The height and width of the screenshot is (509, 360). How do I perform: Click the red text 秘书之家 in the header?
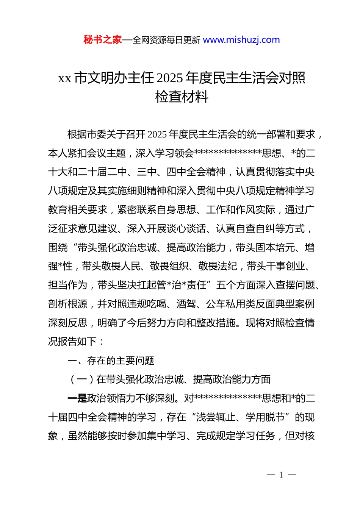pyautogui.click(x=103, y=40)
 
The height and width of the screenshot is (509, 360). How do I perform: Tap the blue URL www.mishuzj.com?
pyautogui.click(x=241, y=40)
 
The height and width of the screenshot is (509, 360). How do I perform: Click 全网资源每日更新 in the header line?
pyautogui.click(x=166, y=40)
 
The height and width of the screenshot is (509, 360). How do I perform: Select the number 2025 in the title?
pyautogui.click(x=169, y=78)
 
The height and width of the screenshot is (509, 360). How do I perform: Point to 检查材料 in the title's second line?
pyautogui.click(x=182, y=97)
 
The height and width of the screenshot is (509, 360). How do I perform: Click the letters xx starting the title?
pyautogui.click(x=64, y=78)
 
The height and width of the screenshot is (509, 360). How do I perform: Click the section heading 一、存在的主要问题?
pyautogui.click(x=111, y=361)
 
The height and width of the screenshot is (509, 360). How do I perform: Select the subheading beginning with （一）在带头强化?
pyautogui.click(x=169, y=379)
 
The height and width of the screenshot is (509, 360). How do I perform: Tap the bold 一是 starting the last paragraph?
pyautogui.click(x=77, y=398)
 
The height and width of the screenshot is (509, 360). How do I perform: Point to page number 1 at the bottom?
pyautogui.click(x=281, y=475)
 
